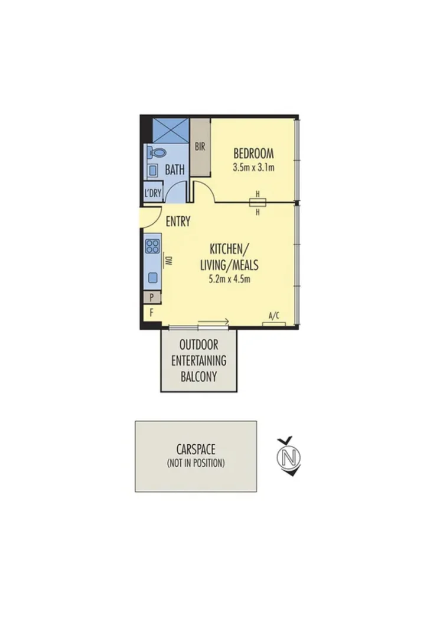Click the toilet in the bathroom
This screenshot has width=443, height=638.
(157, 152)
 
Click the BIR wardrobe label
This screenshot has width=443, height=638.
(200, 147)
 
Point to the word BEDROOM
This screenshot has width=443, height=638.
(253, 152)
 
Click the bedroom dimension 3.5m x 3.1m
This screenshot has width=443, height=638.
(253, 167)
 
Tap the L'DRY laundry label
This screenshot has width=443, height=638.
(153, 194)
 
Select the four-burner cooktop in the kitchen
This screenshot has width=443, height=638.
(152, 246)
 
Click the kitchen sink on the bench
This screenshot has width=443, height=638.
(152, 276)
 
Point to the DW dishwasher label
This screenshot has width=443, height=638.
(168, 260)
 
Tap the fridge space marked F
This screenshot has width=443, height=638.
(152, 313)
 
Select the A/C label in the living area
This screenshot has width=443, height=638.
(274, 317)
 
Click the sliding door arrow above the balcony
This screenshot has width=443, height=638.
(213, 323)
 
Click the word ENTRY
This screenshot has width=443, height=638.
(178, 222)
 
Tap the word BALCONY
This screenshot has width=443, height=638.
(199, 376)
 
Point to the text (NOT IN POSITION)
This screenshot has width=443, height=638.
(196, 464)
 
